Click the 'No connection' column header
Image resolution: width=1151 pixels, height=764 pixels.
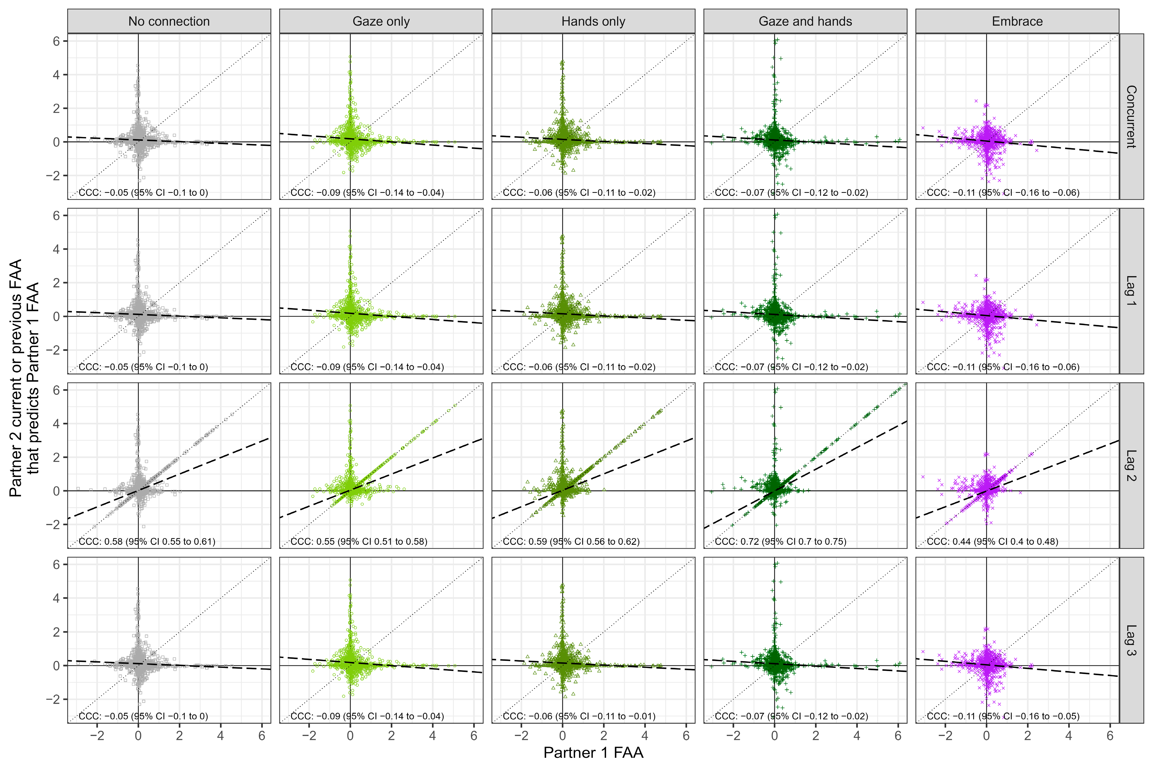click(169, 21)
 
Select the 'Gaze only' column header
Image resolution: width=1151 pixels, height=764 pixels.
click(381, 21)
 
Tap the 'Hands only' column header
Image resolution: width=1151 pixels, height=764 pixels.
click(593, 21)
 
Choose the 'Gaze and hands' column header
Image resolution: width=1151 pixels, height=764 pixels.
click(805, 21)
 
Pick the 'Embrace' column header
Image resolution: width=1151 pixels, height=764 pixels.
click(1017, 21)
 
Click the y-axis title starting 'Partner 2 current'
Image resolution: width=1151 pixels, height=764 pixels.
click(24, 378)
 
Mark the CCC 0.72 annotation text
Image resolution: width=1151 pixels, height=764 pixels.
click(780, 541)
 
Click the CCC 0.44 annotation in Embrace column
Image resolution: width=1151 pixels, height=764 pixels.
click(992, 541)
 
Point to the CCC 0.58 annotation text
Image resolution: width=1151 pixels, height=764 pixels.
click(147, 541)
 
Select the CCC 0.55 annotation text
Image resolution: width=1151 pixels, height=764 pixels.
click(359, 541)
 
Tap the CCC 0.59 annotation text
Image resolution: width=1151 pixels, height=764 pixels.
click(571, 541)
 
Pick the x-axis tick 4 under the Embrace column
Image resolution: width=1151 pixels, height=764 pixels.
click(1069, 736)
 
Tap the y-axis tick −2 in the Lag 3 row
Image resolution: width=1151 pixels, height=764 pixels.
click(53, 699)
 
